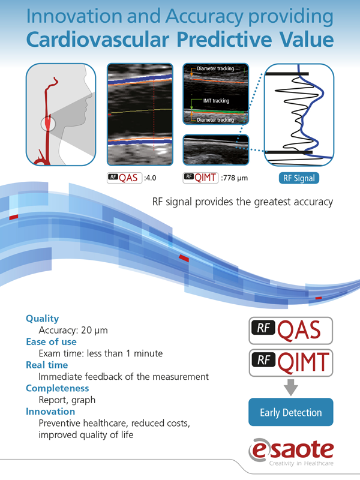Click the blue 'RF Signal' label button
click(x=299, y=178)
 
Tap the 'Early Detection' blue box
click(x=291, y=412)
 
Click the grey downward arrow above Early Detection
click(x=291, y=387)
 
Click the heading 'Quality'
click(x=42, y=319)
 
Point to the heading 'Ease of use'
click(x=51, y=341)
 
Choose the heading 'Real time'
click(x=47, y=365)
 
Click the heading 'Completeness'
click(x=57, y=388)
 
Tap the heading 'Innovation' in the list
click(x=50, y=412)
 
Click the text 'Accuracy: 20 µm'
click(x=73, y=331)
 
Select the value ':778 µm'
click(x=234, y=178)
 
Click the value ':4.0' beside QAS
click(x=150, y=178)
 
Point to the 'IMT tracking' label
click(x=216, y=101)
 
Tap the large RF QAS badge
click(x=291, y=331)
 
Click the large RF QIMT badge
click(x=291, y=363)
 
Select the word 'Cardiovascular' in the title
click(x=98, y=40)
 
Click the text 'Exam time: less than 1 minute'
click(x=101, y=353)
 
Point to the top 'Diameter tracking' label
click(x=215, y=68)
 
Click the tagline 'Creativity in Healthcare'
click(x=301, y=463)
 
